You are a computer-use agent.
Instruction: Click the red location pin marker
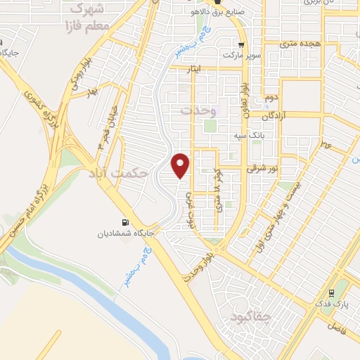pyautogui.click(x=181, y=165)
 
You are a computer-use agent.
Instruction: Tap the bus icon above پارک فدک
pyautogui.click(x=331, y=292)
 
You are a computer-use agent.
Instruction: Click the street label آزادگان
pyautogui.click(x=276, y=114)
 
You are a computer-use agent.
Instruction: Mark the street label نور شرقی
pyautogui.click(x=263, y=169)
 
